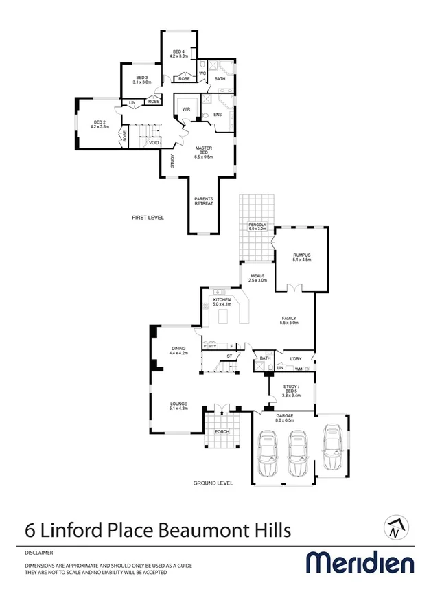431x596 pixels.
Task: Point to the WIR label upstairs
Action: [x=185, y=109]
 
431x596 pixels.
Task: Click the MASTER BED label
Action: [x=203, y=152]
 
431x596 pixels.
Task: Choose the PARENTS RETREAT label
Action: [x=203, y=201]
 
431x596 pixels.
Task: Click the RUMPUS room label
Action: [x=302, y=257]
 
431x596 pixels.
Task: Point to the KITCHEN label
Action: [x=222, y=302]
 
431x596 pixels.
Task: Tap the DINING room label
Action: [x=178, y=350]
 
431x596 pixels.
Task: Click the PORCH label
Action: [x=221, y=432]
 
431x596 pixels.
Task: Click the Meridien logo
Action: [x=360, y=562]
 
